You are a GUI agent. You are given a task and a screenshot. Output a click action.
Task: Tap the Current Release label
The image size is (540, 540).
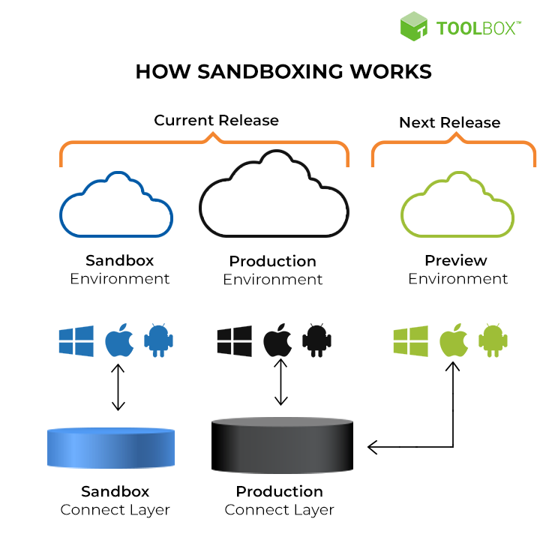pos(216,120)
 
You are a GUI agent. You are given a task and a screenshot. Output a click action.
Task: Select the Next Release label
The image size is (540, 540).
pos(449,122)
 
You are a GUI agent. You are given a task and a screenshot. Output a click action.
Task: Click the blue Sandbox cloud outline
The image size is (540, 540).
pos(116,207)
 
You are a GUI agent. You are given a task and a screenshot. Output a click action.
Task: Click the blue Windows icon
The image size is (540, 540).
pos(76,341)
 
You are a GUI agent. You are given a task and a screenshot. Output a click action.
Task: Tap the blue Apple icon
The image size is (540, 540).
pos(118,341)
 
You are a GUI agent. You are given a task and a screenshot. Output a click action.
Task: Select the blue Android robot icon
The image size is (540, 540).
pos(158,341)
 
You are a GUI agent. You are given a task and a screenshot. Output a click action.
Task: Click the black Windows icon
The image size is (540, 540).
pos(235,341)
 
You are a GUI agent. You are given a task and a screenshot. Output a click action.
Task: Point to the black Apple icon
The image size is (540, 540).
pos(278,341)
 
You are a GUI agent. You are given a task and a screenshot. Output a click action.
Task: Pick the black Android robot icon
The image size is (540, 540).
pos(316,341)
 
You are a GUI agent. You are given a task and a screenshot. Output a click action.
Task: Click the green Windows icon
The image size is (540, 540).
pos(410,341)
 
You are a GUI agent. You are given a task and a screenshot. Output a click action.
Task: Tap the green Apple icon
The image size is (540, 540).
pos(453,341)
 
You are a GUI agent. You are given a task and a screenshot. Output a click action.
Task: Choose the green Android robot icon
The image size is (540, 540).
pos(493,341)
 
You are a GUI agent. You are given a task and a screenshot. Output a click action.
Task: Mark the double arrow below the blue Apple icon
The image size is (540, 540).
pos(118,387)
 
